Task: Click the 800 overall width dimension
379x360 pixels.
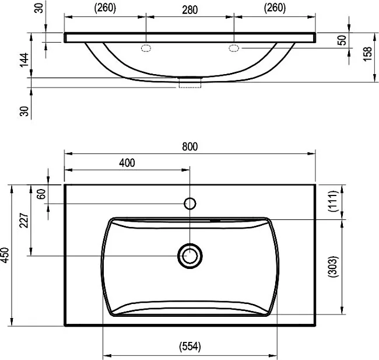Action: point(189,146)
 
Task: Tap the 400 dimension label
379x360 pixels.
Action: point(127,163)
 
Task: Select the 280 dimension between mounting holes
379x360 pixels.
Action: point(189,10)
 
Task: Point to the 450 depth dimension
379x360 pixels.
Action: point(5,255)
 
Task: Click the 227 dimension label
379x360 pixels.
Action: point(24,221)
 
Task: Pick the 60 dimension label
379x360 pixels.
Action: point(41,194)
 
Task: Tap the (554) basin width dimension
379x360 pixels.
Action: point(190,347)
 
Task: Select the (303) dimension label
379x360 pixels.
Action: point(332,267)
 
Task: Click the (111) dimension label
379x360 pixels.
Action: point(332,201)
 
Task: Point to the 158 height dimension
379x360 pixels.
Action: point(367,54)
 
